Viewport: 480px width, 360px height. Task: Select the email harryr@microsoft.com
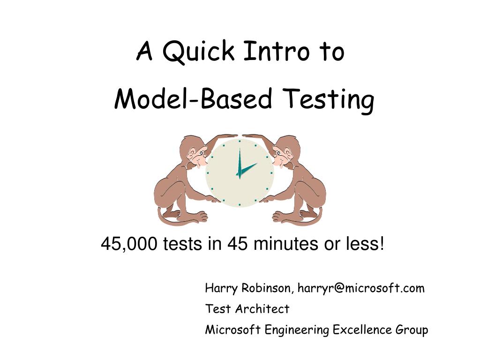click(361, 288)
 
